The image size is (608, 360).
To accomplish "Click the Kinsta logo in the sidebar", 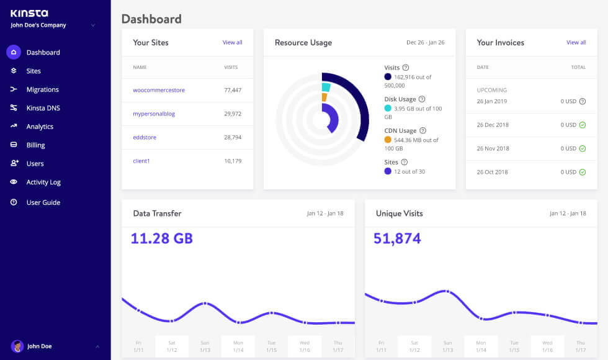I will (29, 13).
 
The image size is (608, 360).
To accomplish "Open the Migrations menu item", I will (42, 89).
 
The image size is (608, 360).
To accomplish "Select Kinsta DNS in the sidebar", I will (43, 108).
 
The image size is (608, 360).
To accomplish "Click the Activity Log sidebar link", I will (43, 182).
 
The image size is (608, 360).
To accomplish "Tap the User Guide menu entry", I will (43, 202).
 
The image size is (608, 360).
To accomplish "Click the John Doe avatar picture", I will (17, 346).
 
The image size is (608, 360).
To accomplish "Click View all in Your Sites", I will (232, 43).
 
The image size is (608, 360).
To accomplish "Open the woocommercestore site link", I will (159, 90).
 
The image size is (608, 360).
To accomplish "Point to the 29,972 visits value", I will (232, 114).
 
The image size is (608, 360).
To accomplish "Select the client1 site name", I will (141, 161).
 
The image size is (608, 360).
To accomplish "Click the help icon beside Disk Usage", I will (422, 99).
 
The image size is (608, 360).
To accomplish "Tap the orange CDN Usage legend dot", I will (388, 140).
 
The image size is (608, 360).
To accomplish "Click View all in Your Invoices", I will (576, 43).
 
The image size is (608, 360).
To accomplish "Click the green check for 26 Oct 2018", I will (582, 172).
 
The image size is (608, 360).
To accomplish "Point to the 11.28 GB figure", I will (162, 239).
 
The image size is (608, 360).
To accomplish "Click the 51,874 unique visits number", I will (397, 239).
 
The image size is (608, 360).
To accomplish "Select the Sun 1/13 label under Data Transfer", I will (205, 346).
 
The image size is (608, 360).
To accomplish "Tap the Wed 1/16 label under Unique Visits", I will (547, 346).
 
